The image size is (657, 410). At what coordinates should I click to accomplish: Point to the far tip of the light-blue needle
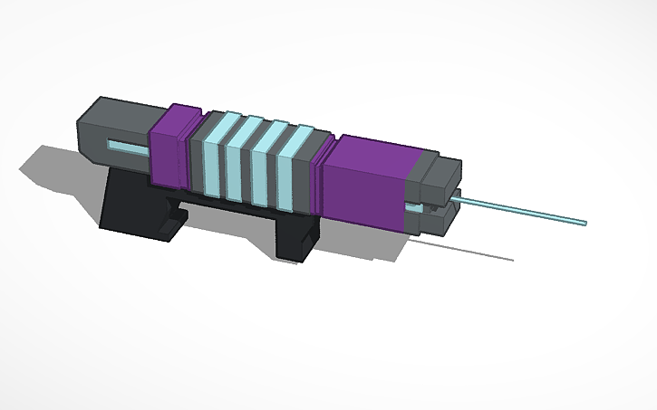[x=585, y=221]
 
